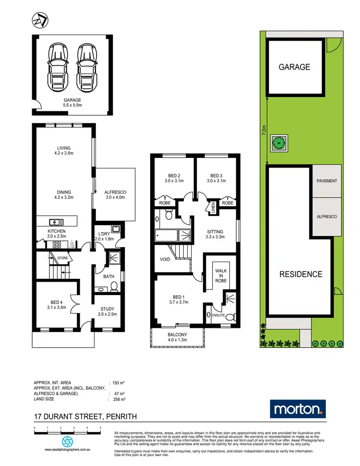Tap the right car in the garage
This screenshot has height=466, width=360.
[x=85, y=62]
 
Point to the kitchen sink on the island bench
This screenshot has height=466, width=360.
[x=57, y=222]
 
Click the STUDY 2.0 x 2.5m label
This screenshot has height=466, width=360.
[x=108, y=311]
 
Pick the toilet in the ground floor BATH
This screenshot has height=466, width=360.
[x=114, y=287]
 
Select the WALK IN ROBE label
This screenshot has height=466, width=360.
[x=220, y=276]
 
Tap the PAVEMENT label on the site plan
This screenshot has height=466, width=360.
[x=327, y=181]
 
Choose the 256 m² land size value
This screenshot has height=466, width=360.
[x=119, y=399]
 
